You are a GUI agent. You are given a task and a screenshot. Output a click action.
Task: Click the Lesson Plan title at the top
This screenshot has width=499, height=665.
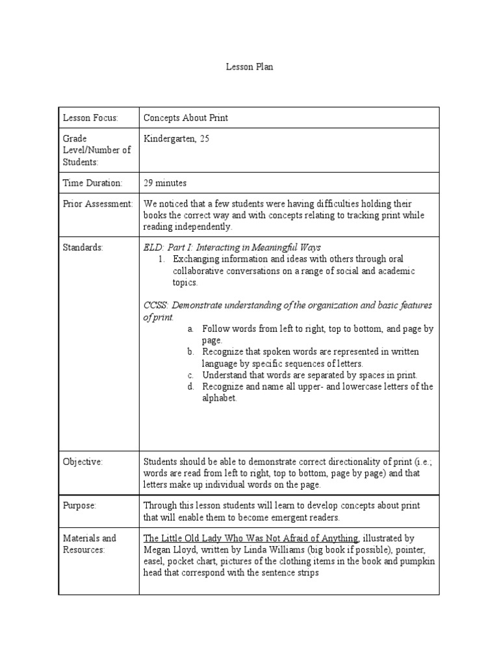point(246,66)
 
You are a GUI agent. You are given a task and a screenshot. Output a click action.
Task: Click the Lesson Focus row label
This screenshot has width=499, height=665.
point(90,118)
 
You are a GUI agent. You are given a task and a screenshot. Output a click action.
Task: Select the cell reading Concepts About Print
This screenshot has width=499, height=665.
point(186,118)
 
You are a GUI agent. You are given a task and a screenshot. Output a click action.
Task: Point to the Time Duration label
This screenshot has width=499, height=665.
point(92,183)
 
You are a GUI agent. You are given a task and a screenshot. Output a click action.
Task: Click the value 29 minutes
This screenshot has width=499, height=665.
point(165,183)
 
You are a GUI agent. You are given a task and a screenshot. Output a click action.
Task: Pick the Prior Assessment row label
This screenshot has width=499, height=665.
point(97,204)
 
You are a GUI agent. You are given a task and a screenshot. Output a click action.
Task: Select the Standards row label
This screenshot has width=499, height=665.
point(83,247)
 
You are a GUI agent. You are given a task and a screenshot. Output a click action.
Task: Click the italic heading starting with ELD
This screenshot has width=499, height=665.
point(232,247)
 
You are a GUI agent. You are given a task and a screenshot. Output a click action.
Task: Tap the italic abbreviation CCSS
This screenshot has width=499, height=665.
point(155,305)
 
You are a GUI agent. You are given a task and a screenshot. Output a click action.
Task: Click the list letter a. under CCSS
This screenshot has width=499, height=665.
point(191,329)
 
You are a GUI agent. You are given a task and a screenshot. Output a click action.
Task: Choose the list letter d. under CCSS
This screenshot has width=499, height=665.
point(191,387)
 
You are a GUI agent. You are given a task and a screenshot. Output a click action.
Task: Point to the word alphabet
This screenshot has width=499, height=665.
point(219,398)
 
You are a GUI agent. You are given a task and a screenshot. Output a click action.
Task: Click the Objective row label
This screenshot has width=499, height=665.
point(83,462)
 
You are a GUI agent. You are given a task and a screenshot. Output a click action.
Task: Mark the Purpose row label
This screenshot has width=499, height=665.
point(79,505)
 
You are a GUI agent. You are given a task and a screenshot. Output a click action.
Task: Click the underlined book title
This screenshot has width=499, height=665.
point(251,538)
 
